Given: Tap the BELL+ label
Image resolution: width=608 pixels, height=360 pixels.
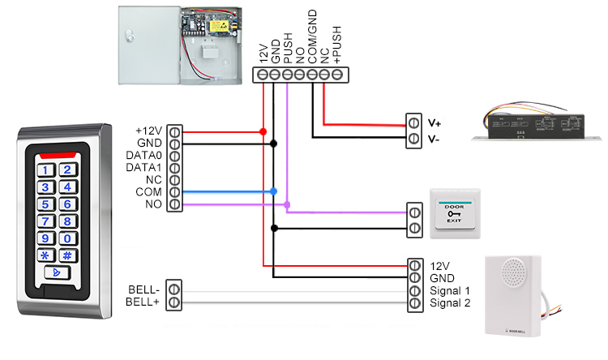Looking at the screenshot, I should click(x=144, y=302).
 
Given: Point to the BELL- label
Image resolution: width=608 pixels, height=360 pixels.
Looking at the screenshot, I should click(x=145, y=289).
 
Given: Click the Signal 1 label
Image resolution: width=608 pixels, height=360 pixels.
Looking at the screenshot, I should click(x=451, y=290).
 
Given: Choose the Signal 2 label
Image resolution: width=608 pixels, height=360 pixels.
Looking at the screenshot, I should click(x=451, y=302).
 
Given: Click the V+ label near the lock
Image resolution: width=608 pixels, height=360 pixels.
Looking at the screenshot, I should click(x=435, y=123).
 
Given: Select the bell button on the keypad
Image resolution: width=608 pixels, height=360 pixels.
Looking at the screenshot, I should click(x=58, y=272).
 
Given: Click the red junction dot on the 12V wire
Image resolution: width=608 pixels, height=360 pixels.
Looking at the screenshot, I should click(x=263, y=131).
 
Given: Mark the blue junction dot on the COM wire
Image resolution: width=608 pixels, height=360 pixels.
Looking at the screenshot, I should click(x=274, y=192).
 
